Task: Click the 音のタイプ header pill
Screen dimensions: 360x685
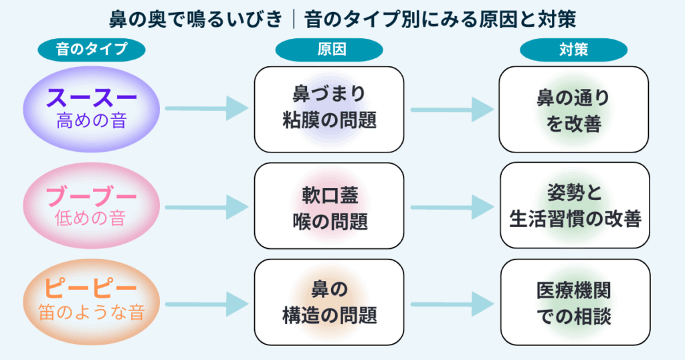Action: pos(92,49)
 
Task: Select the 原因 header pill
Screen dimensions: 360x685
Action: pos(328,49)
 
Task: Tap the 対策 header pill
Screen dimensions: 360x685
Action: pos(573,49)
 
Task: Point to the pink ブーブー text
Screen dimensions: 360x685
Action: pos(92,197)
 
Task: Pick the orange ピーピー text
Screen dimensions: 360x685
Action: pos(92,290)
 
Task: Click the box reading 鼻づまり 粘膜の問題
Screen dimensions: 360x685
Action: pos(328,109)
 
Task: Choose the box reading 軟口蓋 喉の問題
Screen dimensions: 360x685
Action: pos(328,206)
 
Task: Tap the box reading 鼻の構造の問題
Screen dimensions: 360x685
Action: pos(328,302)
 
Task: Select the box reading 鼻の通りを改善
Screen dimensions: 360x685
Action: pos(573,109)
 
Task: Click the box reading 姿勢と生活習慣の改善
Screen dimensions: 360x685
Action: pos(575,206)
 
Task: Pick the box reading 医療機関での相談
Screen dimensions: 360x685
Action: pos(575,302)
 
